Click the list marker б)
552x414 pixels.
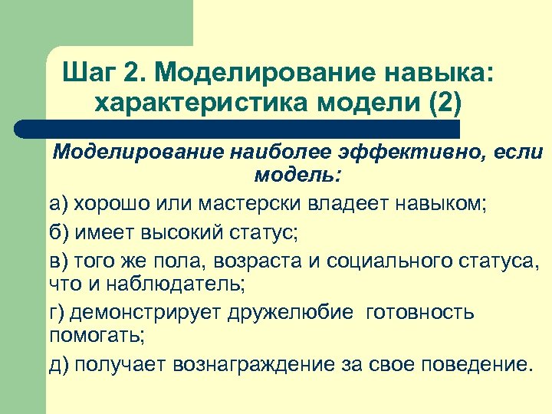(59, 232)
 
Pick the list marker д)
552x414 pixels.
(59, 363)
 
